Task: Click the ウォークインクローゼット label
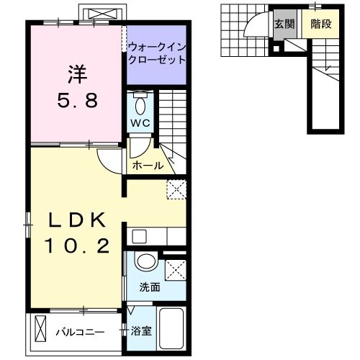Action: [x=156, y=53]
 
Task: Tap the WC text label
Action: [x=140, y=123]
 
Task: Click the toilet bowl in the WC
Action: [x=140, y=104]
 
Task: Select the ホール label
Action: [x=148, y=166]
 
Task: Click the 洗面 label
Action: [x=150, y=286]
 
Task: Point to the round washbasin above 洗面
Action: [x=148, y=262]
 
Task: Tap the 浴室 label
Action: [x=141, y=331]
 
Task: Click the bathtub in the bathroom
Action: [x=171, y=328]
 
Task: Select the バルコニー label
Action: [x=80, y=332]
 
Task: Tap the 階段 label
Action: [x=320, y=24]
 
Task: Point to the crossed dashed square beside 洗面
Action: [x=175, y=269]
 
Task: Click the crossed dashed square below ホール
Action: [x=176, y=189]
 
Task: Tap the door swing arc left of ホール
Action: [x=109, y=161]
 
